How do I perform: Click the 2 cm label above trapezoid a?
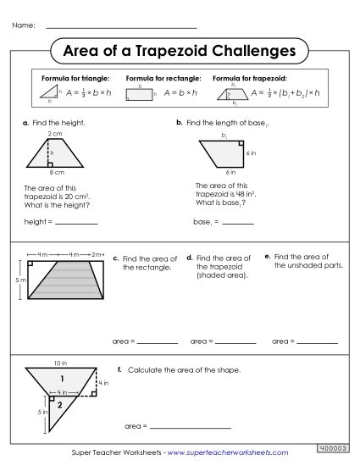click(55, 134)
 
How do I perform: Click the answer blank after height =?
click(76, 224)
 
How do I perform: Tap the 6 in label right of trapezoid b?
click(252, 154)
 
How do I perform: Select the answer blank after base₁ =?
click(237, 224)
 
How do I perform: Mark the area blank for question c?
click(157, 342)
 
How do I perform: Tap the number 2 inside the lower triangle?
click(59, 405)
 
